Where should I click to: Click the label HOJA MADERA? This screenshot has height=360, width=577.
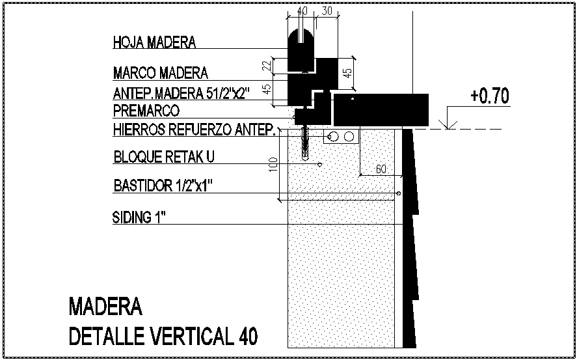pyautogui.click(x=154, y=43)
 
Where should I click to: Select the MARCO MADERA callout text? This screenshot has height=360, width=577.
pyautogui.click(x=160, y=72)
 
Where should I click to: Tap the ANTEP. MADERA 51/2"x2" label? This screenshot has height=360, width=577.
pyautogui.click(x=191, y=92)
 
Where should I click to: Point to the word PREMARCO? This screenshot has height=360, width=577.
pyautogui.click(x=146, y=110)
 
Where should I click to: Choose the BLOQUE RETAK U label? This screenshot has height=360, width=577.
pyautogui.click(x=163, y=158)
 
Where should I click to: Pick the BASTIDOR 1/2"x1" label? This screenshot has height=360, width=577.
pyautogui.click(x=163, y=186)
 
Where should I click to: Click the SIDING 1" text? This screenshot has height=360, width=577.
pyautogui.click(x=139, y=217)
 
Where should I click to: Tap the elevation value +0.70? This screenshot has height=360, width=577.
pyautogui.click(x=489, y=96)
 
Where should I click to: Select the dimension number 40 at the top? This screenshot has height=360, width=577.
pyautogui.click(x=302, y=11)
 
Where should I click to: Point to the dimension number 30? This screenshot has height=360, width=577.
pyautogui.click(x=327, y=11)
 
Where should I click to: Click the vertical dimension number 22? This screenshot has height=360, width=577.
pyautogui.click(x=266, y=65)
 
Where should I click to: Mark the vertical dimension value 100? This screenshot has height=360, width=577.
pyautogui.click(x=273, y=165)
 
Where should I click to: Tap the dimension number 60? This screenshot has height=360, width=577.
pyautogui.click(x=381, y=169)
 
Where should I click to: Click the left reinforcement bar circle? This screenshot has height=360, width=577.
pyautogui.click(x=334, y=137)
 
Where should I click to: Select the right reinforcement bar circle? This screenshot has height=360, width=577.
pyautogui.click(x=349, y=137)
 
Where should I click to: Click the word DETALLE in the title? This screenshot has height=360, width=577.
pyautogui.click(x=108, y=337)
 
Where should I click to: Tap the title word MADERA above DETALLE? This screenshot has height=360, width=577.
pyautogui.click(x=105, y=306)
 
